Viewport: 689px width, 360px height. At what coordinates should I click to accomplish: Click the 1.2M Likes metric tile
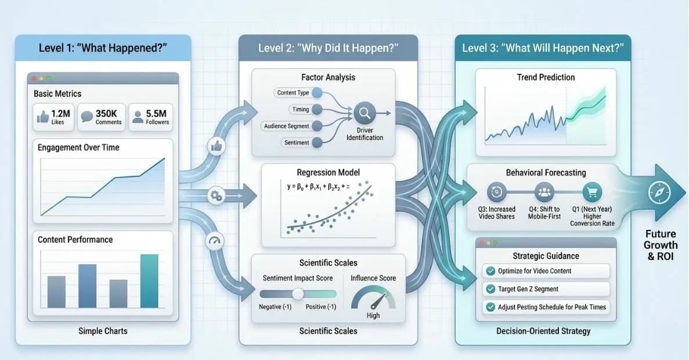[52, 117]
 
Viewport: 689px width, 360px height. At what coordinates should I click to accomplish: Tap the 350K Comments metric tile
[101, 117]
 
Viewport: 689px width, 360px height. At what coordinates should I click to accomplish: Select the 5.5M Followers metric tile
[150, 117]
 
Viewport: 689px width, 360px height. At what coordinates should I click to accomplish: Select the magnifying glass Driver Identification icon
[365, 111]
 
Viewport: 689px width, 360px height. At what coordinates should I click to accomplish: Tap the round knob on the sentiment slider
[298, 294]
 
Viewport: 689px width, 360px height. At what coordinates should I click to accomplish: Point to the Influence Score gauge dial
[373, 298]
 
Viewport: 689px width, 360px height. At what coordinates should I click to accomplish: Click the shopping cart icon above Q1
[593, 192]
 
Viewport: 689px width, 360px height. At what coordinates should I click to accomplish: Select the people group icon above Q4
[544, 192]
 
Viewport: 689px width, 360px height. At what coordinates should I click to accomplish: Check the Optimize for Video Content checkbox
[489, 271]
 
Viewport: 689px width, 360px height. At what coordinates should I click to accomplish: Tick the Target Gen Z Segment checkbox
[489, 289]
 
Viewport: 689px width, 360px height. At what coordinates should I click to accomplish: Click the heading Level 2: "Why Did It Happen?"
[328, 48]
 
